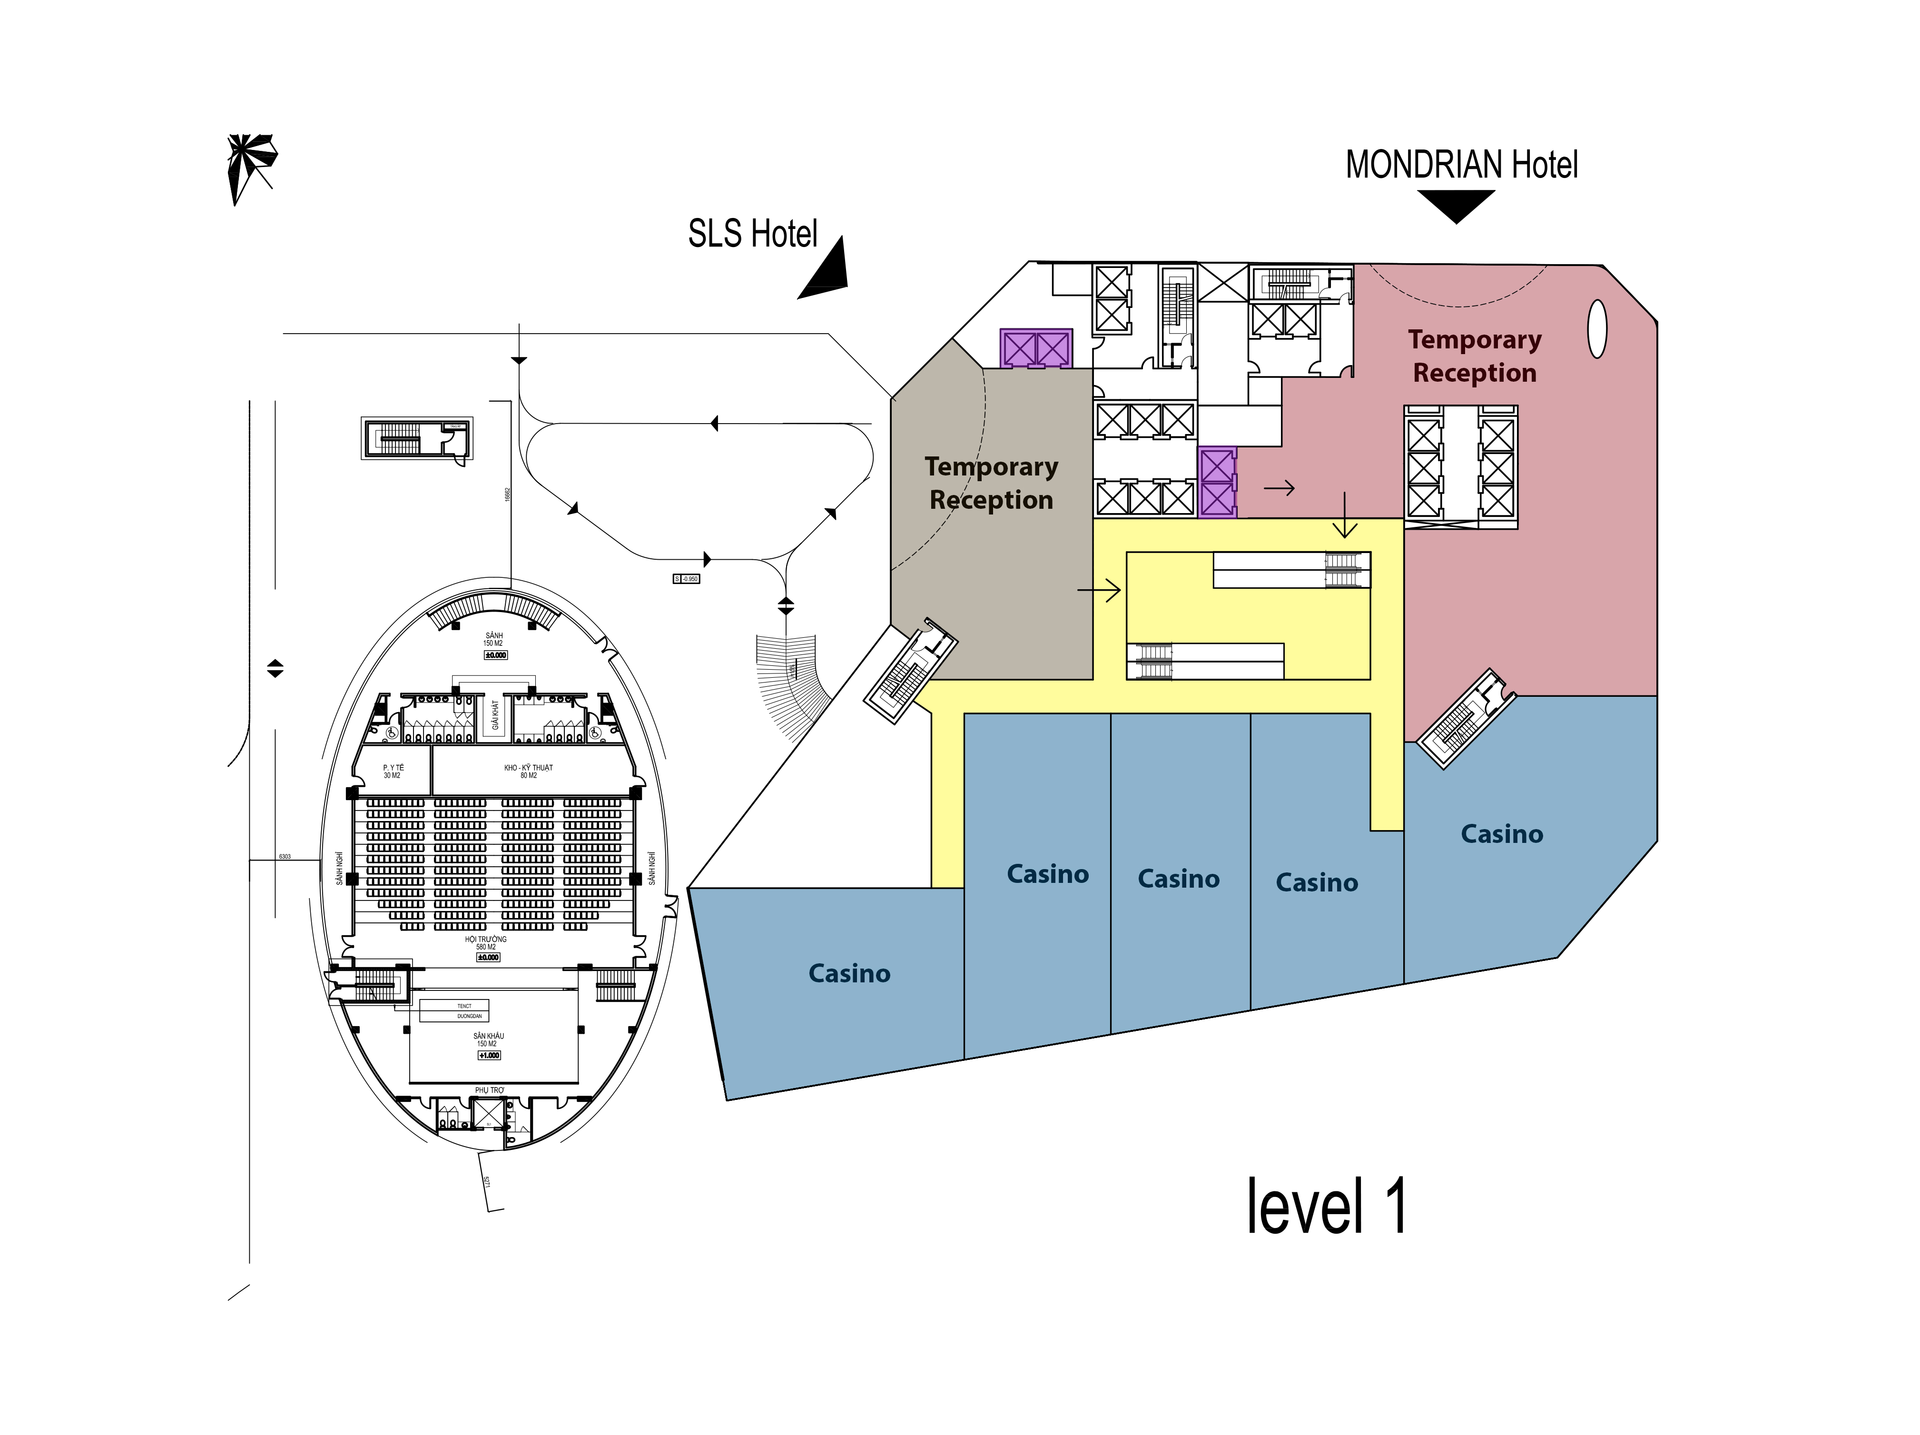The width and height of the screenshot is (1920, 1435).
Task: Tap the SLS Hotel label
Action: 753,234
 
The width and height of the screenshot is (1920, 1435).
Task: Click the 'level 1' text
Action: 1325,1207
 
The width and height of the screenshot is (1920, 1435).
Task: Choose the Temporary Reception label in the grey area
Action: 991,484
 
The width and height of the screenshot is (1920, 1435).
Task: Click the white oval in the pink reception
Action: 1596,329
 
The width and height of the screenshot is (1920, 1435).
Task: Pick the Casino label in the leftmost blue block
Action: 849,974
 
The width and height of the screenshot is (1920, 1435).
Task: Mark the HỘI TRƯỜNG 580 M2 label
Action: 485,943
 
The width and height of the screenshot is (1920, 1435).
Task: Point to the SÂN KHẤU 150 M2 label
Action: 489,1039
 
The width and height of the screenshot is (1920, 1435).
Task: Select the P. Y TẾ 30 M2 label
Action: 393,771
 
